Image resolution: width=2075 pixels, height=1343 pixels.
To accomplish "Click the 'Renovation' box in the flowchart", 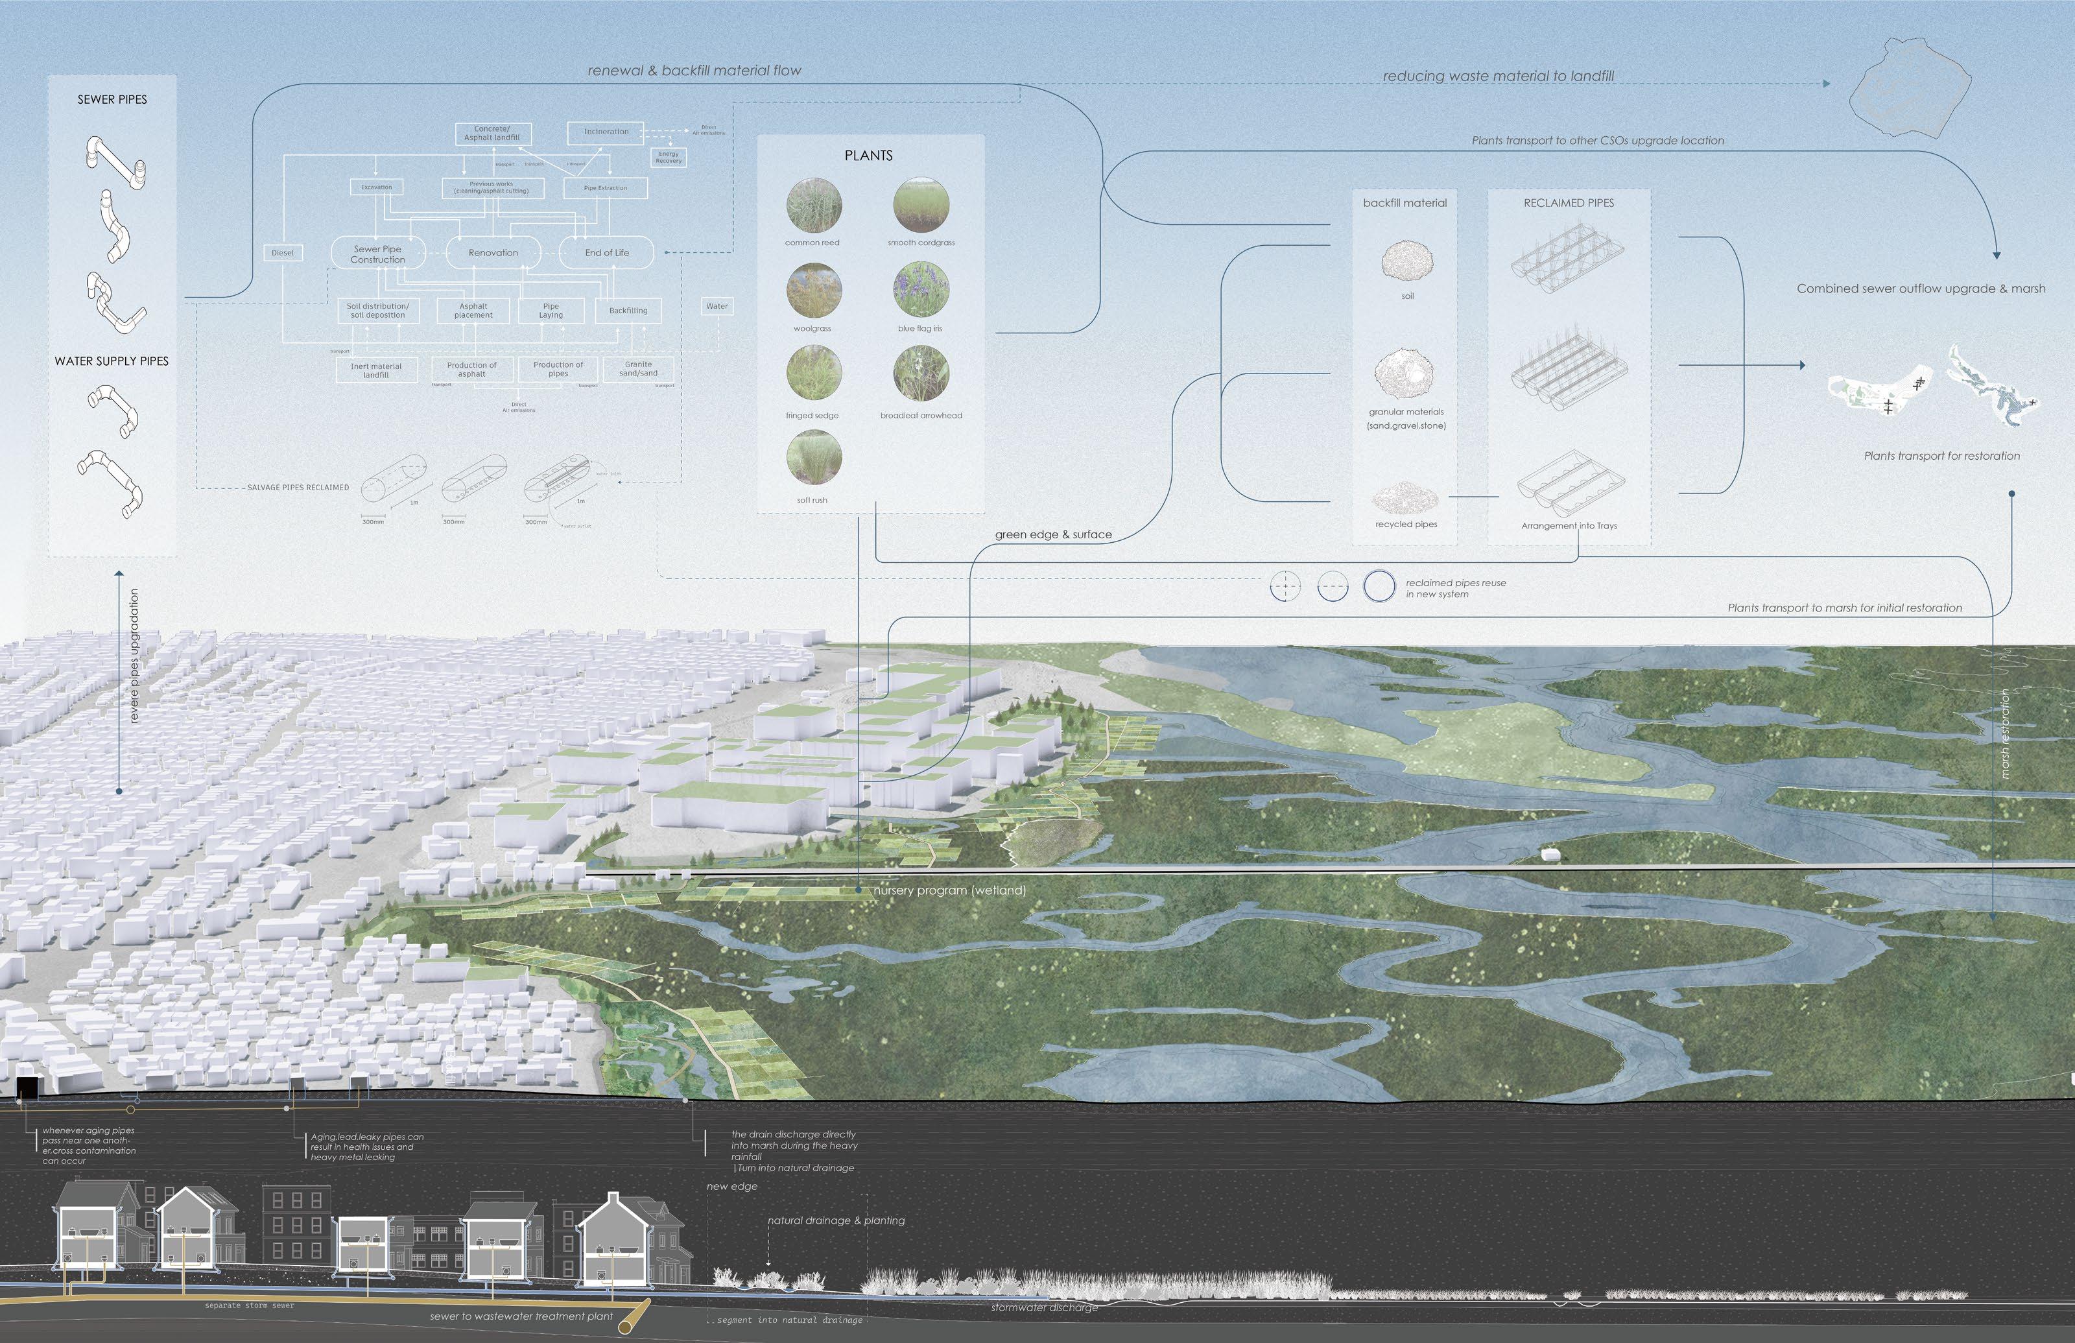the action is (x=493, y=253).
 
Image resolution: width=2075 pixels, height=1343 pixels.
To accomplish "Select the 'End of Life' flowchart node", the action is (x=607, y=253).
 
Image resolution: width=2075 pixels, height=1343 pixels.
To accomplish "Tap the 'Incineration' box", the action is (x=606, y=132).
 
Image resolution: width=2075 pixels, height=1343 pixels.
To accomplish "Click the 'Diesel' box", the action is (x=283, y=253).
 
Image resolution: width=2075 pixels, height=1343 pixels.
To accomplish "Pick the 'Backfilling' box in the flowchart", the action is (x=628, y=311).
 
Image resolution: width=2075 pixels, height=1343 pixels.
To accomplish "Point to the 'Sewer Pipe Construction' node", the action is (x=377, y=254).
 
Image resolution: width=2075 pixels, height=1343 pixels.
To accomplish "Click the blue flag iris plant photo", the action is (x=921, y=289).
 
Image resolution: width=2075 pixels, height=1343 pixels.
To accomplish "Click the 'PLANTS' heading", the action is (x=868, y=155).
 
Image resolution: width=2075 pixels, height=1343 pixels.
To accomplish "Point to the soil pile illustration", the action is (x=1407, y=260).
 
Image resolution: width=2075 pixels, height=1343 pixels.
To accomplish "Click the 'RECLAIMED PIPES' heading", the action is (x=1569, y=202).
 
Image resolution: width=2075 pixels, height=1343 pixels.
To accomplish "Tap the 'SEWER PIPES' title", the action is (x=112, y=99).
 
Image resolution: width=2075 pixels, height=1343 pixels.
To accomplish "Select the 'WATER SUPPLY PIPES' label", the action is (x=112, y=361).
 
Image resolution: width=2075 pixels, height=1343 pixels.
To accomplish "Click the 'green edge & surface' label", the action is (x=1053, y=534).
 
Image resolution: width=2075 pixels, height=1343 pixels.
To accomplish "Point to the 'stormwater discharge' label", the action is (x=1043, y=1307).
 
